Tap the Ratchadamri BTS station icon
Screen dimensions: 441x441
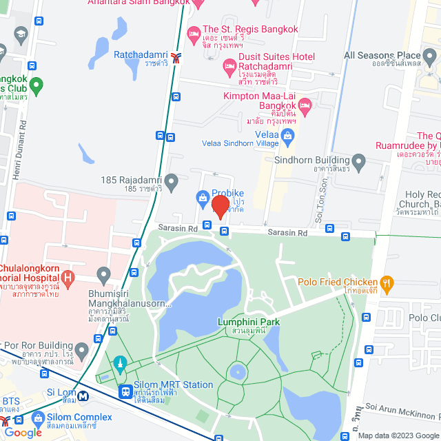[x=176, y=57]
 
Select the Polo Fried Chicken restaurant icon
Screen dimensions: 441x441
[x=387, y=282]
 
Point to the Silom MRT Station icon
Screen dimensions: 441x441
[x=126, y=391]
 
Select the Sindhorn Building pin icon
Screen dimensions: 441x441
[x=357, y=159]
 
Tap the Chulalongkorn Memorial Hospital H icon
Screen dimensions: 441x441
[x=68, y=279]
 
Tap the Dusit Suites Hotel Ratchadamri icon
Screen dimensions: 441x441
[x=229, y=67]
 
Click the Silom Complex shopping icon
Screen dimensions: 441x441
[x=38, y=418]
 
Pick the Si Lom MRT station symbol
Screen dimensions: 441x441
[x=83, y=396]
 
